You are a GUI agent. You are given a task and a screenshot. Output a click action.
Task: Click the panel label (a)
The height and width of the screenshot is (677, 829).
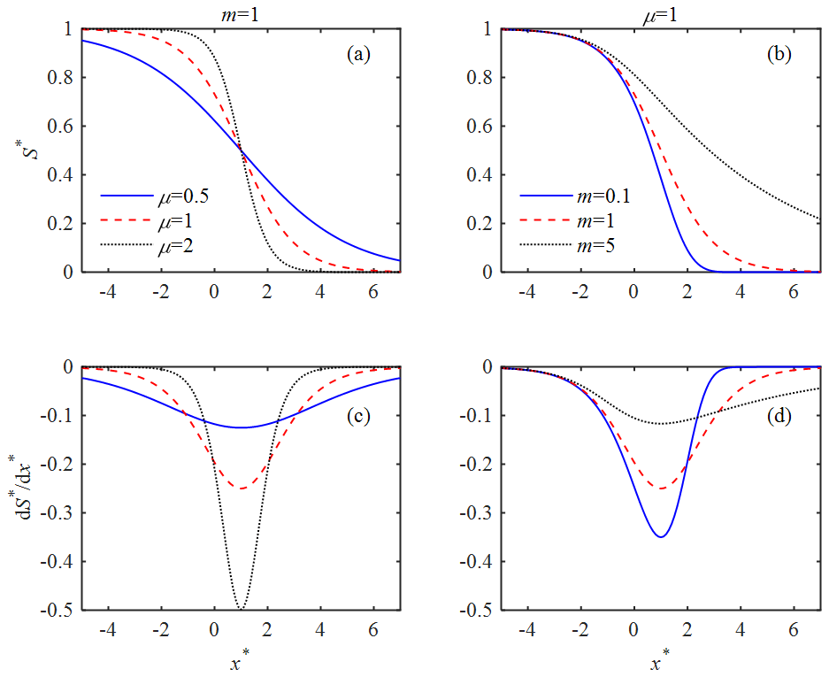click(x=358, y=55)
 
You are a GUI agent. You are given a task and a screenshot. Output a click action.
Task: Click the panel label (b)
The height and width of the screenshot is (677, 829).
click(x=779, y=55)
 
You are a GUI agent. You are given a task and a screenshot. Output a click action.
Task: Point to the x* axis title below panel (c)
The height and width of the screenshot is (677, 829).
click(x=240, y=661)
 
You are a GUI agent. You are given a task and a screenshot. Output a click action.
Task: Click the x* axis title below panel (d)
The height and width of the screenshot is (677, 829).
click(x=660, y=661)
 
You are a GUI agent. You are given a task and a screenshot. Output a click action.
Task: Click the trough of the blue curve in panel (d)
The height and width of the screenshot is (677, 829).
click(x=660, y=536)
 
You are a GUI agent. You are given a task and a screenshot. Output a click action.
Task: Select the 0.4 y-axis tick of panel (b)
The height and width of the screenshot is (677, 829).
click(x=482, y=175)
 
